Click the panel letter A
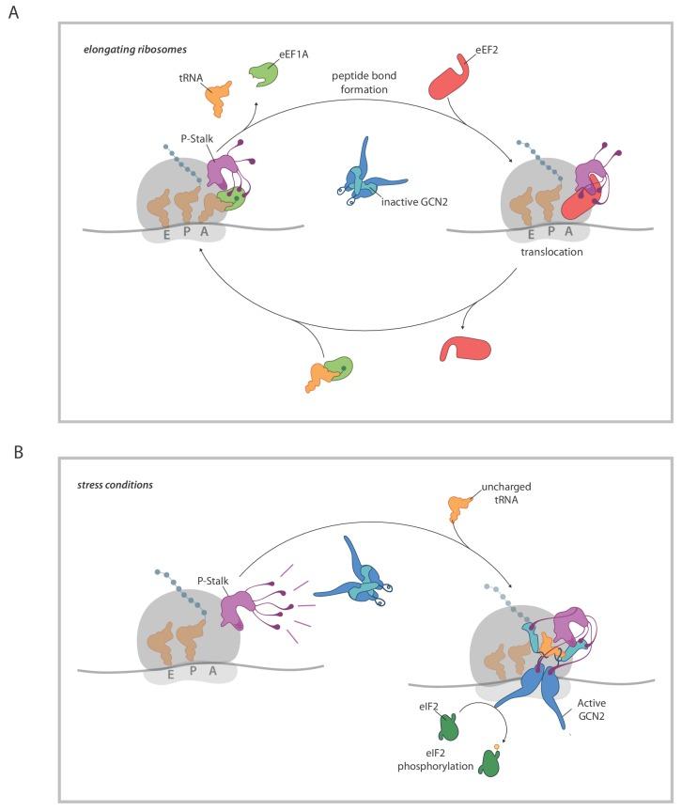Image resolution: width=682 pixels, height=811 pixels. [13, 17]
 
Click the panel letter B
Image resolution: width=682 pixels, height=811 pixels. [13, 451]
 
